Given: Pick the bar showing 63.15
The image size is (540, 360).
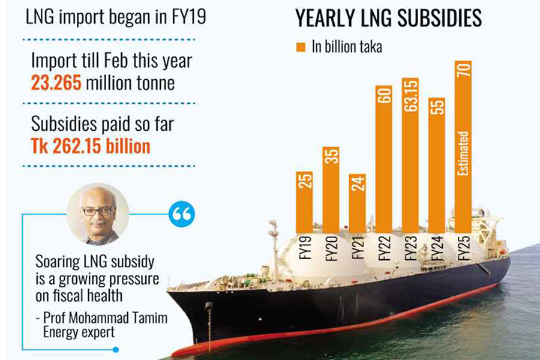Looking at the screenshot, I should (x=411, y=156).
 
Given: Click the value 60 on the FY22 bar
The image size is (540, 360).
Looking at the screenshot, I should (x=385, y=97).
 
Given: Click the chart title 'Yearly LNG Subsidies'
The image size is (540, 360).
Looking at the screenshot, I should (x=388, y=19).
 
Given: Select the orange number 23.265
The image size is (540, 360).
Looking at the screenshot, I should (x=56, y=83).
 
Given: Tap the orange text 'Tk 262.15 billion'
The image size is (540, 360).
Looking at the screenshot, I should (x=91, y=146).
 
